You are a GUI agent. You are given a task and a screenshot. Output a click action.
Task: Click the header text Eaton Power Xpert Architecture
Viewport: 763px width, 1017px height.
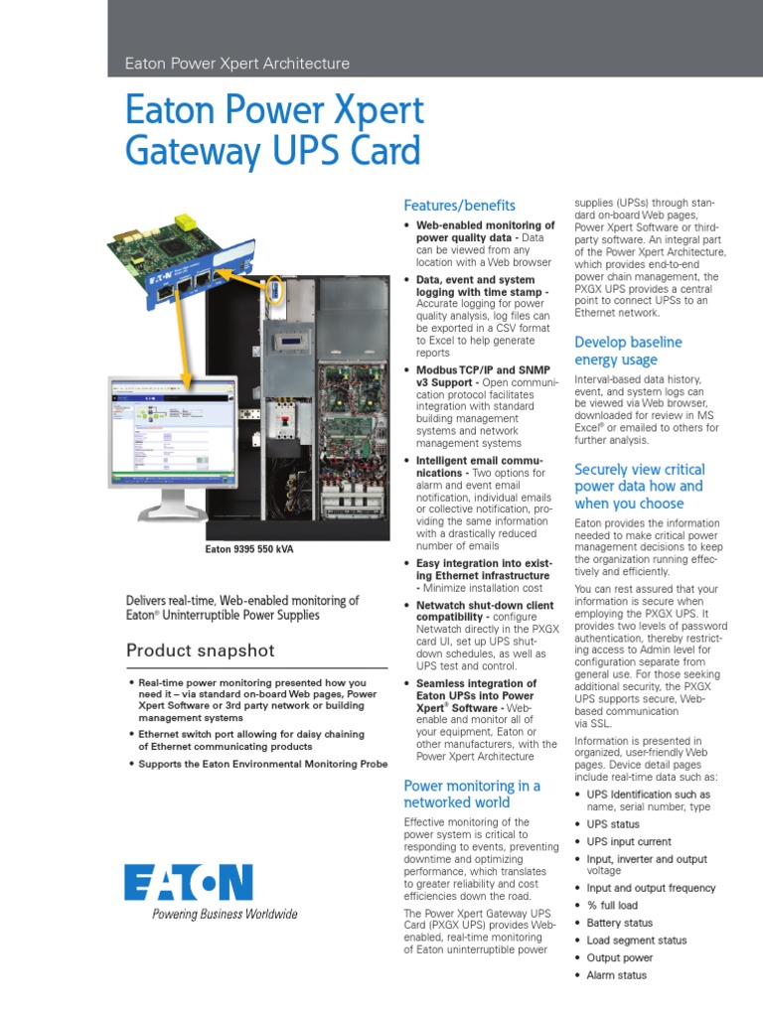pos(236,64)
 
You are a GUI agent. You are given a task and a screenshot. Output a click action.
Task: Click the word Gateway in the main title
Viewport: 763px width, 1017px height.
pos(189,152)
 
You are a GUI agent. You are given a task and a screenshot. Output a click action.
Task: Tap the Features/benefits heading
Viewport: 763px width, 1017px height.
pos(459,206)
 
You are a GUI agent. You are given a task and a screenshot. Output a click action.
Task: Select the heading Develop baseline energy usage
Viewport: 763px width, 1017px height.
pos(628,351)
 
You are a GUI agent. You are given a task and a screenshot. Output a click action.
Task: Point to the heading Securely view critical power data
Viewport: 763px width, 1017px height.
pos(639,486)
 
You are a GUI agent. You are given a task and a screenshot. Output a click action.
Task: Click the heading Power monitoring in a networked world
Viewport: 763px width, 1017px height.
pos(472,794)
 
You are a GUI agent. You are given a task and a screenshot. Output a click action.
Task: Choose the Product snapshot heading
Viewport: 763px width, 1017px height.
pos(200,652)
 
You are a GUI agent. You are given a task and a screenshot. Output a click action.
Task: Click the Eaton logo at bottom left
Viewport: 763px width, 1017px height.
pos(189,882)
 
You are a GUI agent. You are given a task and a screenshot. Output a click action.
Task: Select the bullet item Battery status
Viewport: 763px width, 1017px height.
pos(619,923)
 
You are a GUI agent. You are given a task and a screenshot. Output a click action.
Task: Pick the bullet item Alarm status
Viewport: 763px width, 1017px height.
pos(616,975)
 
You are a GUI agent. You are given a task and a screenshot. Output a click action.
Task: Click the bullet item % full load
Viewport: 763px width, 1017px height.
pos(612,906)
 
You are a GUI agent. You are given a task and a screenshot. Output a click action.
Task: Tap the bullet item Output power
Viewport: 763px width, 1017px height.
pos(619,958)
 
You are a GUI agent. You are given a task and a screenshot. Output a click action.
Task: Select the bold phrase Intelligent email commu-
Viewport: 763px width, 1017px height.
pos(479,461)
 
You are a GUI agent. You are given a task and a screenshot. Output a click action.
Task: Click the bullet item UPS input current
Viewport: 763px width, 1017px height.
pos(629,842)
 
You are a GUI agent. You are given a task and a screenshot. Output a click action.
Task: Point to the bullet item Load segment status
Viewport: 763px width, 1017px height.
pos(636,941)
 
